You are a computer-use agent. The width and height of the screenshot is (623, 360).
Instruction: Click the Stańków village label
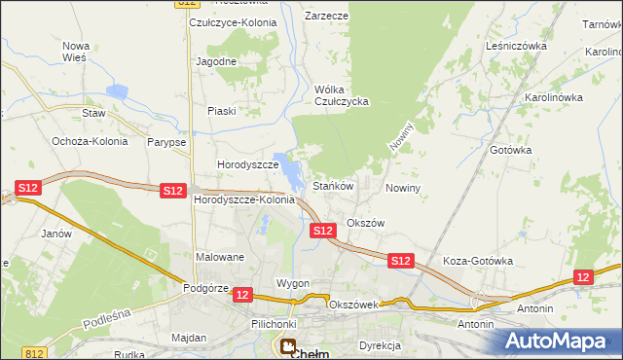[332, 185]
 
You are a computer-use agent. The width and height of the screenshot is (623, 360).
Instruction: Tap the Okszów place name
[366, 223]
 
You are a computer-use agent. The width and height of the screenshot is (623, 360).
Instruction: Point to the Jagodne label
[216, 61]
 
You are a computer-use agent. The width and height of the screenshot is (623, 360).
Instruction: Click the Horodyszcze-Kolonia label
[244, 199]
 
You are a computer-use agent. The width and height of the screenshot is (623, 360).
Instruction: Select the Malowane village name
[220, 257]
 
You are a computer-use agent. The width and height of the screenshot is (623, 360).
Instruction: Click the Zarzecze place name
[326, 17]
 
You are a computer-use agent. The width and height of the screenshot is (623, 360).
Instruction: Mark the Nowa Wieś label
[75, 52]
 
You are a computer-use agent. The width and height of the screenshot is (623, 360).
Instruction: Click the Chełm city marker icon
[289, 345]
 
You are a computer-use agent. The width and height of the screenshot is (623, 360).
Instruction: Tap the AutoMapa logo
[559, 342]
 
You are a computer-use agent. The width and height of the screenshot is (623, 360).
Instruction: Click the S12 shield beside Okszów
[323, 231]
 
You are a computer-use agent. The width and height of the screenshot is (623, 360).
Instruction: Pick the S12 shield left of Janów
[28, 189]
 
